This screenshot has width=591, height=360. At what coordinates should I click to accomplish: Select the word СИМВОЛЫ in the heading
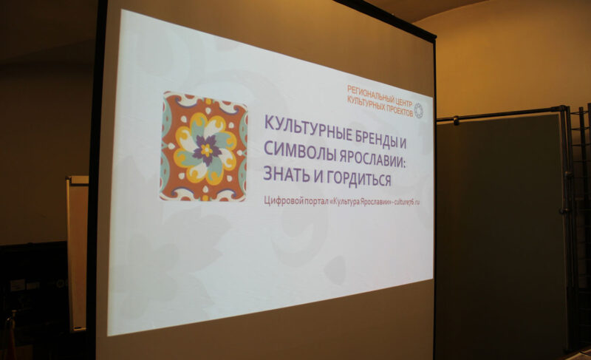[294, 151]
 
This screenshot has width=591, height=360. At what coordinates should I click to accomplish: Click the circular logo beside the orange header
[418, 110]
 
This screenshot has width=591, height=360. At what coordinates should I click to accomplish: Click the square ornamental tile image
[204, 146]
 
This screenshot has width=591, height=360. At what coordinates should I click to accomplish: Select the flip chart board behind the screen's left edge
[77, 251]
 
